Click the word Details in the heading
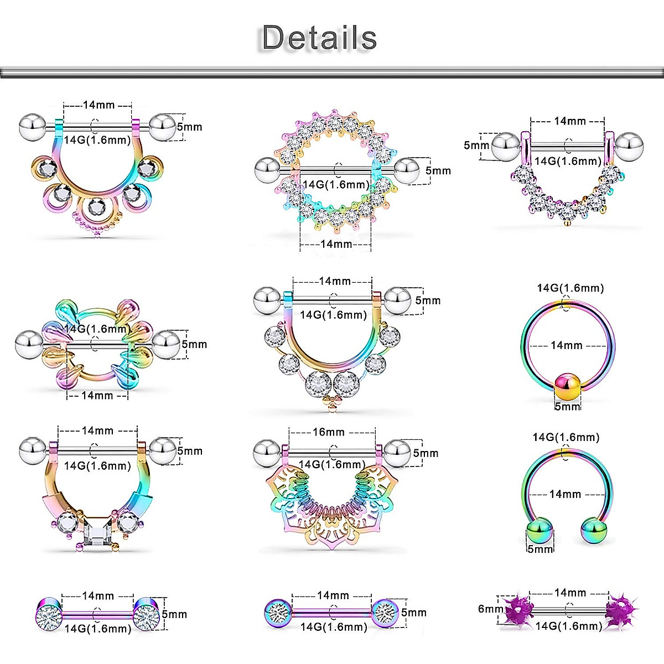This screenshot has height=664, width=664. tap(319, 38)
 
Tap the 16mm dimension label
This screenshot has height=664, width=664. tap(328, 432)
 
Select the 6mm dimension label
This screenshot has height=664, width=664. tap(490, 609)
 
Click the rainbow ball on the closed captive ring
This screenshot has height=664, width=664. tap(568, 386)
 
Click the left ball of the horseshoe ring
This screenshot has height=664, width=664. tap(539, 531)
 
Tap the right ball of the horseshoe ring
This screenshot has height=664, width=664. tap(594, 531)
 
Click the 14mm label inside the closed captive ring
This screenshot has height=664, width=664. tap(567, 345)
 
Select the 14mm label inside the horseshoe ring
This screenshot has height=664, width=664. tap(565, 494)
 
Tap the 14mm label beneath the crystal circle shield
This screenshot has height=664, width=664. tap(336, 244)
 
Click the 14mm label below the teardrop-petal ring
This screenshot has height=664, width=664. tap(97, 395)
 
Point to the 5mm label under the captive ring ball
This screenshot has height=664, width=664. tap(567, 406)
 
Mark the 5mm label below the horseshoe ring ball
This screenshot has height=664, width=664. tap(540, 549)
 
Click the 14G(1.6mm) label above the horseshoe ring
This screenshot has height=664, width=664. tap(566, 437)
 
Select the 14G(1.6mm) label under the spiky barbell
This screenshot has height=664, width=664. tap(569, 626)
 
